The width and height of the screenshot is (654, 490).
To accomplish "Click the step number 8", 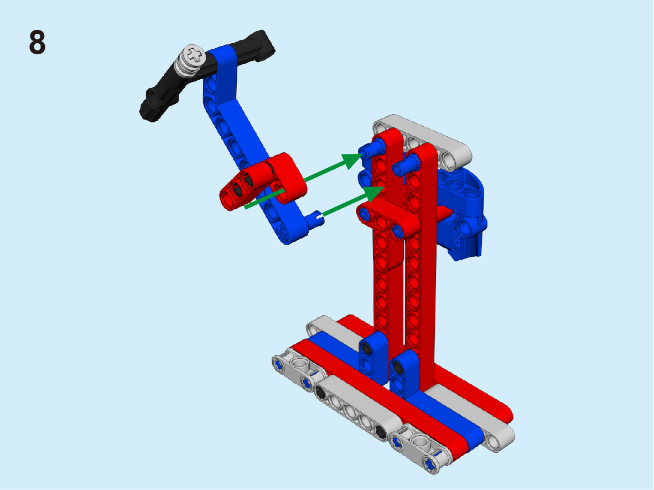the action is point(37,42).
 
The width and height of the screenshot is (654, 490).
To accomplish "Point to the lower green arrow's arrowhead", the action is point(373,194).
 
